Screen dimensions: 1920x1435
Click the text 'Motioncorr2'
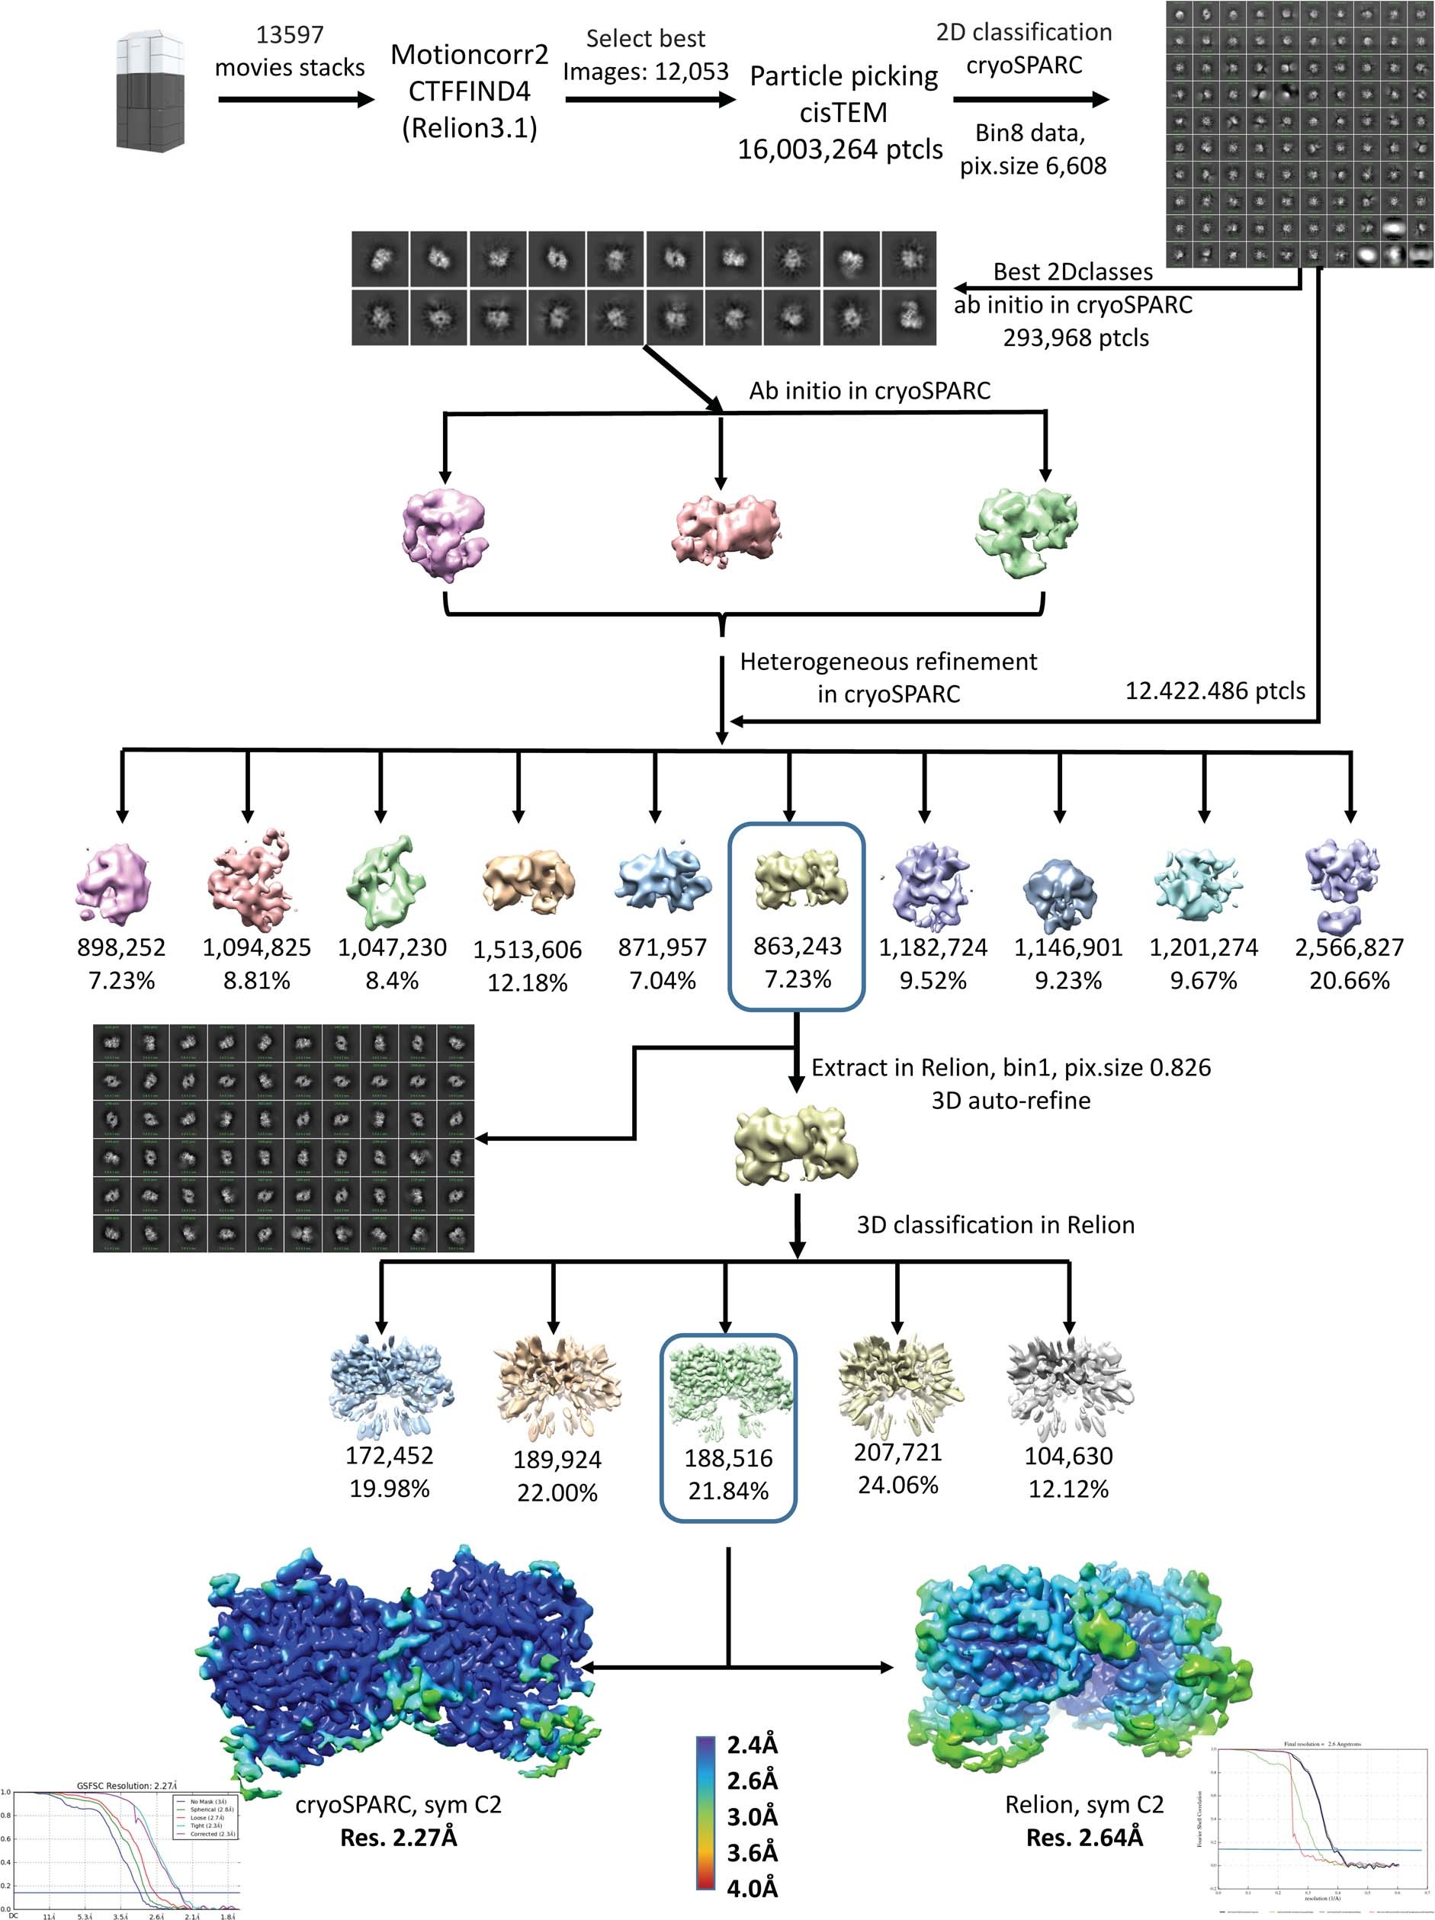coord(469,55)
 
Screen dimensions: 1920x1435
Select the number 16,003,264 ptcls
coord(839,149)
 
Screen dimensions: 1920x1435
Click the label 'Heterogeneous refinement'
coord(888,662)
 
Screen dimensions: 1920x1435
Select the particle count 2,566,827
coord(1348,947)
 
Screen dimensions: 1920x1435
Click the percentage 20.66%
coord(1348,981)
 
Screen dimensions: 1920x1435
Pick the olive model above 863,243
coord(796,878)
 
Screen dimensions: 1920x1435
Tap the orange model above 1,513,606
coord(527,880)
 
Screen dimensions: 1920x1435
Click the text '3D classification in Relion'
coord(995,1225)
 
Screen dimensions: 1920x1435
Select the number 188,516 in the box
coord(727,1458)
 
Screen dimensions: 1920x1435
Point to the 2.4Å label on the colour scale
coord(752,1745)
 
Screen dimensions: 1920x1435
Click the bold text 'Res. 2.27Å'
coord(399,1838)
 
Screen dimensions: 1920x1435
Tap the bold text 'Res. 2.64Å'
coord(1084,1838)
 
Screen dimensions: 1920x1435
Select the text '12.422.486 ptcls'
coord(1215,691)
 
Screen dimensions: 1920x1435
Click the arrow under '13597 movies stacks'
coord(295,100)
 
